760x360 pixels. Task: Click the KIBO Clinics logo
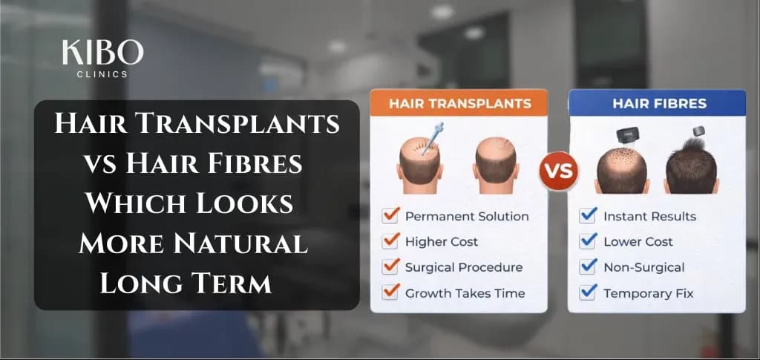[x=103, y=58]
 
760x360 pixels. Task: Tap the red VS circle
[x=557, y=172]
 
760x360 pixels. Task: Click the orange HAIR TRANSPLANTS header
[x=459, y=103]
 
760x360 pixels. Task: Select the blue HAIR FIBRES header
[x=657, y=103]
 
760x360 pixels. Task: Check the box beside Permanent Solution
[x=390, y=216]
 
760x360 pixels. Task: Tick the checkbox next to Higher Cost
[x=390, y=241]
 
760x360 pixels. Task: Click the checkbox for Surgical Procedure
[x=390, y=266]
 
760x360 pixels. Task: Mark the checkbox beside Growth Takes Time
[x=390, y=292]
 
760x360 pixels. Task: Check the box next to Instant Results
[x=589, y=216]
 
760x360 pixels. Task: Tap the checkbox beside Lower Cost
[x=589, y=241]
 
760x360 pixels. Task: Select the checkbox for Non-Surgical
[x=589, y=266]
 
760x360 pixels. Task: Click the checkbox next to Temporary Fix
[x=589, y=292]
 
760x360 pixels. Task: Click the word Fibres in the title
[x=255, y=163]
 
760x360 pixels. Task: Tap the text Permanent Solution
[x=467, y=217]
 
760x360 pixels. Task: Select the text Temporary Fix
[x=648, y=293]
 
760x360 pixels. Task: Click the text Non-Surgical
[x=643, y=267]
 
